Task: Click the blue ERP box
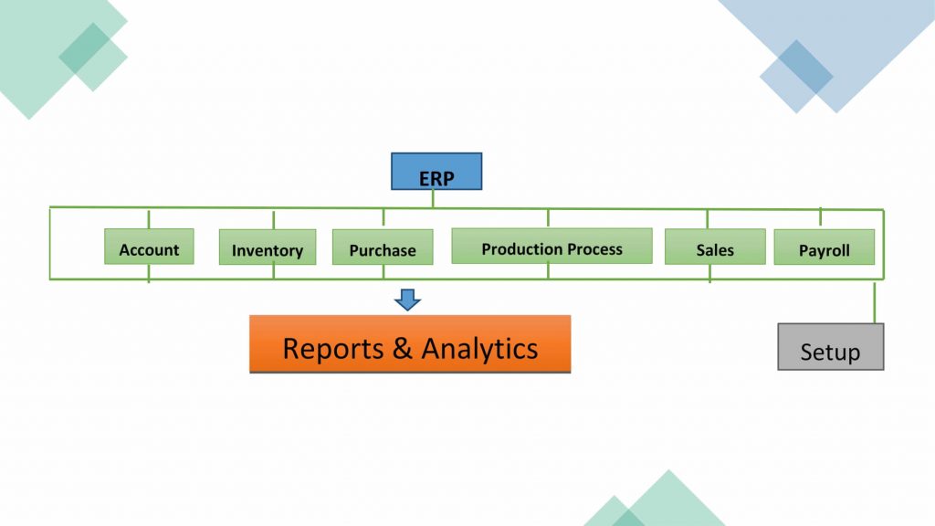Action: pyautogui.click(x=436, y=172)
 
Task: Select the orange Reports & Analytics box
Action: pyautogui.click(x=410, y=344)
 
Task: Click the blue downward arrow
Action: pyautogui.click(x=407, y=300)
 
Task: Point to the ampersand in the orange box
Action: pyautogui.click(x=403, y=348)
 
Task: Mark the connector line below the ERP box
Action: pyautogui.click(x=434, y=199)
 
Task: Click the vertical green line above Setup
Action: pyautogui.click(x=875, y=303)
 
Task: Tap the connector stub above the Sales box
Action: pyautogui.click(x=707, y=219)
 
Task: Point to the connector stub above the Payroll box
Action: pyautogui.click(x=820, y=217)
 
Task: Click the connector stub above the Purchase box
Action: pyautogui.click(x=383, y=217)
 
